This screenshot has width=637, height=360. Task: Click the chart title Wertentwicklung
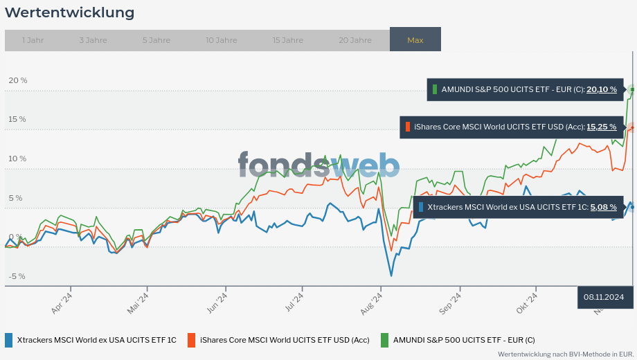[69, 12]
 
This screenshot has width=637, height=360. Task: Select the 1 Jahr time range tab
[33, 40]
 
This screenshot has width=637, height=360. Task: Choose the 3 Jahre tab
[93, 40]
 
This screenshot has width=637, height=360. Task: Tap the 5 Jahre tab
[156, 40]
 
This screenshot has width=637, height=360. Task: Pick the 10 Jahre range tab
[221, 40]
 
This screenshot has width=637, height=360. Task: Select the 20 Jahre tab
[355, 40]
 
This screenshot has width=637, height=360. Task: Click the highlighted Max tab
[415, 40]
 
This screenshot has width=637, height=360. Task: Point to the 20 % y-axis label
[17, 80]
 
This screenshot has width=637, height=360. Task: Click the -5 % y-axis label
[17, 276]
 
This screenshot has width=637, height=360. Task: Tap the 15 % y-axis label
[17, 119]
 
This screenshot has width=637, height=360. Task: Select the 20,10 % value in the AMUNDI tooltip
[601, 89]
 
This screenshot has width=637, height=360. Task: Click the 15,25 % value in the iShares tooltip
[601, 127]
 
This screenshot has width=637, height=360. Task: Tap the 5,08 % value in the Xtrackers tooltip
[603, 206]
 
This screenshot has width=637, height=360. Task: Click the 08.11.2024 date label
[604, 297]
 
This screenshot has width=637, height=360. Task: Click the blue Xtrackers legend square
[9, 340]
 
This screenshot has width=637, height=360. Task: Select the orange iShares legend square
[192, 340]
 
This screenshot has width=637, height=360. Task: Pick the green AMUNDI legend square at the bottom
[385, 340]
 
